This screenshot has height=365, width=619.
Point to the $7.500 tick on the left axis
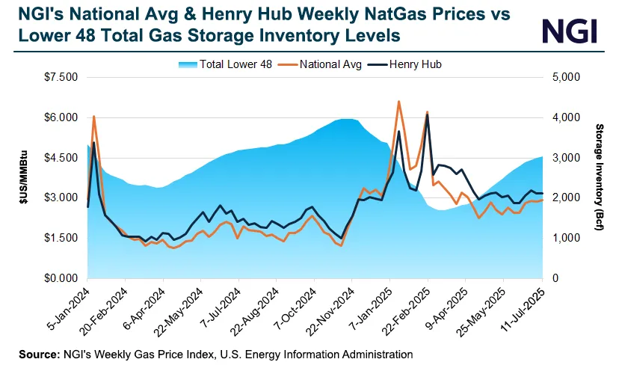(x=61, y=77)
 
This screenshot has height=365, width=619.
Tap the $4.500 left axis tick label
(x=61, y=158)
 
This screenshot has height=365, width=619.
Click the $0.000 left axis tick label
(x=61, y=278)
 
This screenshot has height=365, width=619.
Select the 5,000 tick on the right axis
(x=564, y=77)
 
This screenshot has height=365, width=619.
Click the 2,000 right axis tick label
(x=564, y=198)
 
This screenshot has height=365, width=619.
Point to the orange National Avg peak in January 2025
(x=398, y=101)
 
